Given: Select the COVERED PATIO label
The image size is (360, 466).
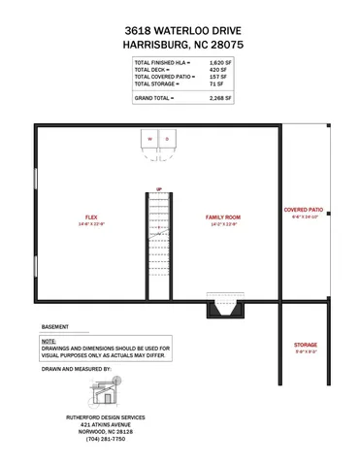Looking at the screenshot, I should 304,210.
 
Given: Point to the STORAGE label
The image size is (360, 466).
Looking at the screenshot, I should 305,345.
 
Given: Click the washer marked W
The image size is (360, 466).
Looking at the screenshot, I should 150,140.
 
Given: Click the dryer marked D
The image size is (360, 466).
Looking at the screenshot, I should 167,140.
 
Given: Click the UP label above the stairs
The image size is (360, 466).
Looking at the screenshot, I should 158,188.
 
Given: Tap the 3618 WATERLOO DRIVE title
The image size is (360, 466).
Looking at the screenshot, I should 180,30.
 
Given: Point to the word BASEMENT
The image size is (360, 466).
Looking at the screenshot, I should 55,327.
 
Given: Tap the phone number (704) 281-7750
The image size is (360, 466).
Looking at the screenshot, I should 106,439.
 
